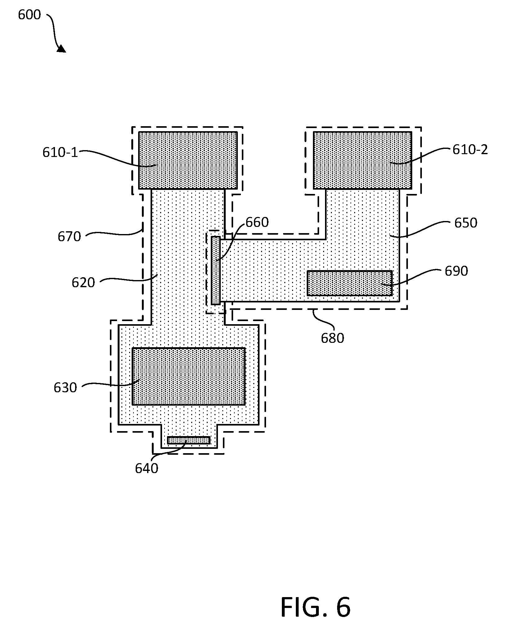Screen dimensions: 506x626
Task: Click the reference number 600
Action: [29, 15]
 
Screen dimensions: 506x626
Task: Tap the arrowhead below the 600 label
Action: [61, 48]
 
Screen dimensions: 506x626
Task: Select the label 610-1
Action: [60, 153]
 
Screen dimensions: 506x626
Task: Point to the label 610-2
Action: [470, 150]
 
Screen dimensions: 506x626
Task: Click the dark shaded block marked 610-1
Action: [188, 160]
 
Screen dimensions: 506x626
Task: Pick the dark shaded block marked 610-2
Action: [363, 160]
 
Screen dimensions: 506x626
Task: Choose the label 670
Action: [69, 237]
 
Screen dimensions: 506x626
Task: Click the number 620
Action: [83, 283]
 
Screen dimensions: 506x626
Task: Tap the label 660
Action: [257, 223]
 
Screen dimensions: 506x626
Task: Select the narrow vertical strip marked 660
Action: [216, 270]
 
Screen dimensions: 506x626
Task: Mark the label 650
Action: [466, 223]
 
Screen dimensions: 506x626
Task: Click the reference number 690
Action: [456, 271]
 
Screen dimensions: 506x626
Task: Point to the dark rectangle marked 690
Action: [350, 283]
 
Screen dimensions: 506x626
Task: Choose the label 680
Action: [332, 338]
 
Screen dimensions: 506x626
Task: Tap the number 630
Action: [65, 388]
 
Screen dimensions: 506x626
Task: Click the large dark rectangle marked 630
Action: [189, 376]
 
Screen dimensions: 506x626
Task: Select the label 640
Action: [147, 468]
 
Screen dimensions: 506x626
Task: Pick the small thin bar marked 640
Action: [189, 440]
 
